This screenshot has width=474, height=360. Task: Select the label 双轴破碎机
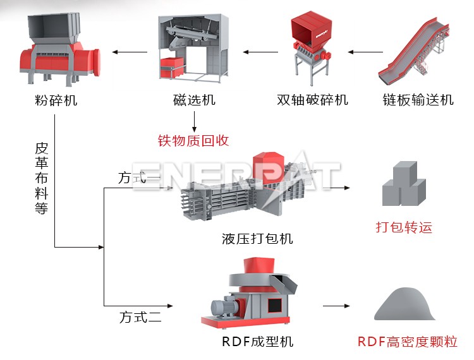[x=312, y=100]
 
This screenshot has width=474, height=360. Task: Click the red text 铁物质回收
[x=193, y=140]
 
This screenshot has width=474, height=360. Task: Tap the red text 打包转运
[x=404, y=227]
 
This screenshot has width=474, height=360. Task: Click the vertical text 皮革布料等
[x=41, y=179]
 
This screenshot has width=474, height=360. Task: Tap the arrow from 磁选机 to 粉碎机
[x=130, y=52]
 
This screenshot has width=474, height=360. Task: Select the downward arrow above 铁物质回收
[x=194, y=120]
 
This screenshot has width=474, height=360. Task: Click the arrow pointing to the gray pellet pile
[x=336, y=306]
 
